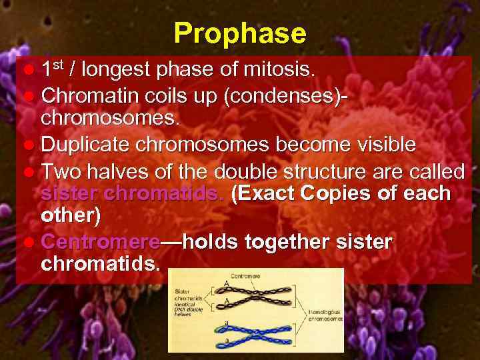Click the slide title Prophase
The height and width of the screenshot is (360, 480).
pos(240,33)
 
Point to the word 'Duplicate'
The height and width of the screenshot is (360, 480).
pos(88,145)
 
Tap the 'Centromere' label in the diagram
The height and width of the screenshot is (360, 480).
pos(245,275)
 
